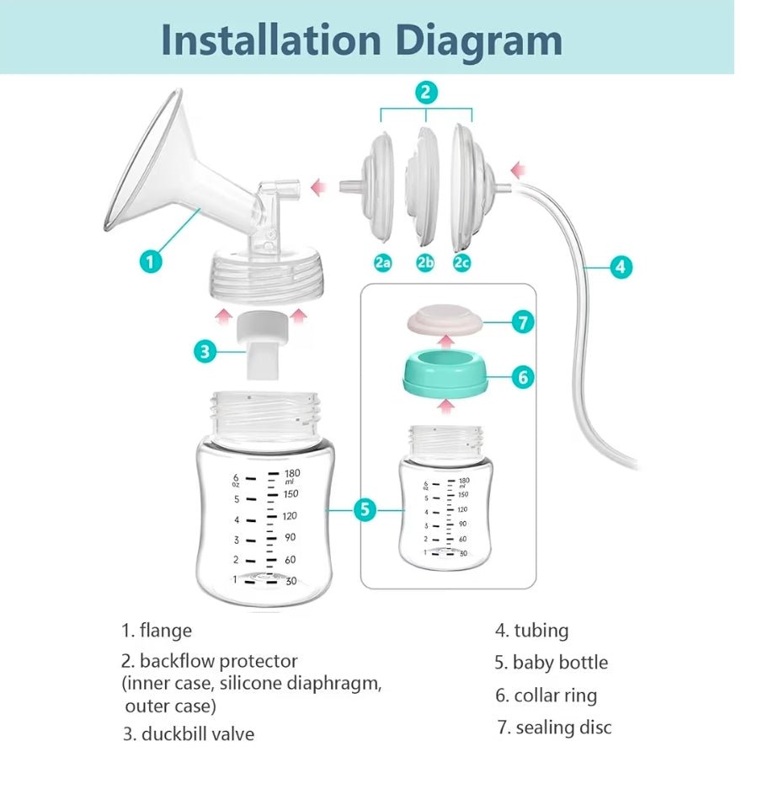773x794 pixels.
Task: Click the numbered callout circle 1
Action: [151, 261]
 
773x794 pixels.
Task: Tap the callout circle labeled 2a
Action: [383, 263]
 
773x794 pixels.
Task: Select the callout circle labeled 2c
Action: [461, 263]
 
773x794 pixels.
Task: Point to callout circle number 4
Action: [621, 266]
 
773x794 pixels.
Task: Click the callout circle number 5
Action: [365, 509]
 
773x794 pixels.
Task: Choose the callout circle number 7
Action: [523, 322]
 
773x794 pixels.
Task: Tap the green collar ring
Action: [445, 376]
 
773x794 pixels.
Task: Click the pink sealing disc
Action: [445, 322]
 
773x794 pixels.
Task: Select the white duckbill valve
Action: [262, 345]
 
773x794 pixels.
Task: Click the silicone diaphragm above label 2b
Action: [423, 184]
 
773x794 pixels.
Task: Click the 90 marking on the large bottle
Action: [290, 537]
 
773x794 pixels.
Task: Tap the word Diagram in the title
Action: [479, 40]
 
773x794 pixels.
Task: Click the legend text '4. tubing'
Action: [532, 631]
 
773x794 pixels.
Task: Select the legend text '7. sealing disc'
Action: [555, 727]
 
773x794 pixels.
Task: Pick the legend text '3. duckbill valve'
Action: [189, 733]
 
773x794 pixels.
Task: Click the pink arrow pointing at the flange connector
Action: [319, 187]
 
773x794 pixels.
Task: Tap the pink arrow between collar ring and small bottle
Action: [445, 407]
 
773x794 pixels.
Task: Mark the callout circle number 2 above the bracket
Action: [426, 92]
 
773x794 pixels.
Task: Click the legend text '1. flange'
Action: [157, 631]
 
